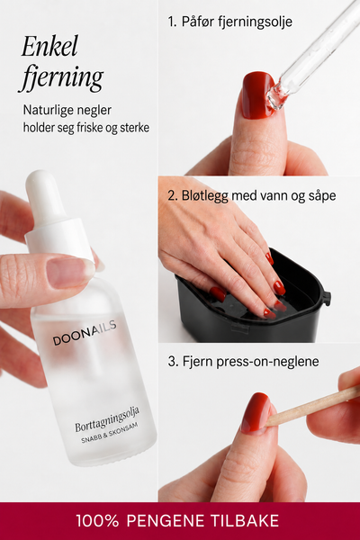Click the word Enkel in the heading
[49, 46]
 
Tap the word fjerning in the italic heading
[61, 77]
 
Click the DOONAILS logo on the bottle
[85, 333]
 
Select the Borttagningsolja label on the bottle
[107, 419]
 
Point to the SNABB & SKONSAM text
[110, 433]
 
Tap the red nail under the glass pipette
[257, 95]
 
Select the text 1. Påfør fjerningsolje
[230, 22]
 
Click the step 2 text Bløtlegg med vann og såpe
[252, 195]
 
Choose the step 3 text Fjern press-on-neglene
[244, 362]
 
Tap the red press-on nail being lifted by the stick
[256, 412]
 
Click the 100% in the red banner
[97, 521]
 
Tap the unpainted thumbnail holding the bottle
[70, 272]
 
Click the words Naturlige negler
[67, 110]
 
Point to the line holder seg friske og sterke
[86, 128]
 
